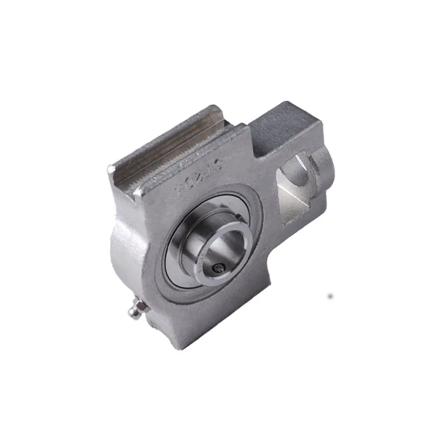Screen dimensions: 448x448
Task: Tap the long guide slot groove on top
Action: pos(168,146)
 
